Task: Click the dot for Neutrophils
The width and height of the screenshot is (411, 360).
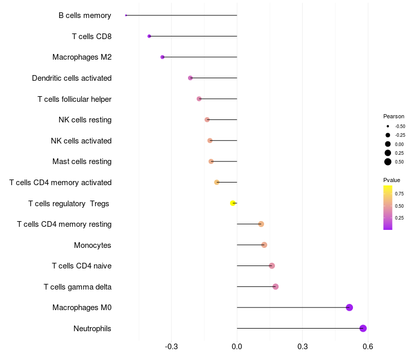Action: [363, 328]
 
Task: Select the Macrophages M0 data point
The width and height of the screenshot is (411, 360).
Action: [349, 308]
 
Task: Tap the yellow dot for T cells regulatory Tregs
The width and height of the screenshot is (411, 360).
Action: [233, 203]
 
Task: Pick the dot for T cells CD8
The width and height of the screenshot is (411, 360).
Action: [149, 36]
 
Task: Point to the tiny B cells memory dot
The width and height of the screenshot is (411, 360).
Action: [126, 15]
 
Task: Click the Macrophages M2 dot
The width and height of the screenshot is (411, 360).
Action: [162, 57]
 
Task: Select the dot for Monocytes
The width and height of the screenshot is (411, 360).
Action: [264, 245]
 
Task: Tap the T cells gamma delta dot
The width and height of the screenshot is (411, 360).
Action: [275, 286]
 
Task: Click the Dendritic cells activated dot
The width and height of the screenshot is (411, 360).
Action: [190, 78]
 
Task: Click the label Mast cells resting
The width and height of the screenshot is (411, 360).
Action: [82, 161]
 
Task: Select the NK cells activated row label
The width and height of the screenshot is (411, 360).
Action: [81, 140]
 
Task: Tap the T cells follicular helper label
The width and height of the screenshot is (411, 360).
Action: [74, 99]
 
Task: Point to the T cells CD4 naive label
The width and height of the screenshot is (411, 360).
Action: [82, 266]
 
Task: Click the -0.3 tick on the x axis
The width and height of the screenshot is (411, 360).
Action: [171, 347]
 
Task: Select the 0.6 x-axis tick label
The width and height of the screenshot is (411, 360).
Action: [367, 347]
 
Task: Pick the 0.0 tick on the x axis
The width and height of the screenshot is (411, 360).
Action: [237, 347]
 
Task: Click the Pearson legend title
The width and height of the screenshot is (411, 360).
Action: [394, 116]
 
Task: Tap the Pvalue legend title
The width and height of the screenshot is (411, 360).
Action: [391, 180]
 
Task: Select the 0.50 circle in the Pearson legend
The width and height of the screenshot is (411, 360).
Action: [388, 162]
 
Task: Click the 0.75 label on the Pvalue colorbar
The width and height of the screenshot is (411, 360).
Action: [399, 194]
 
